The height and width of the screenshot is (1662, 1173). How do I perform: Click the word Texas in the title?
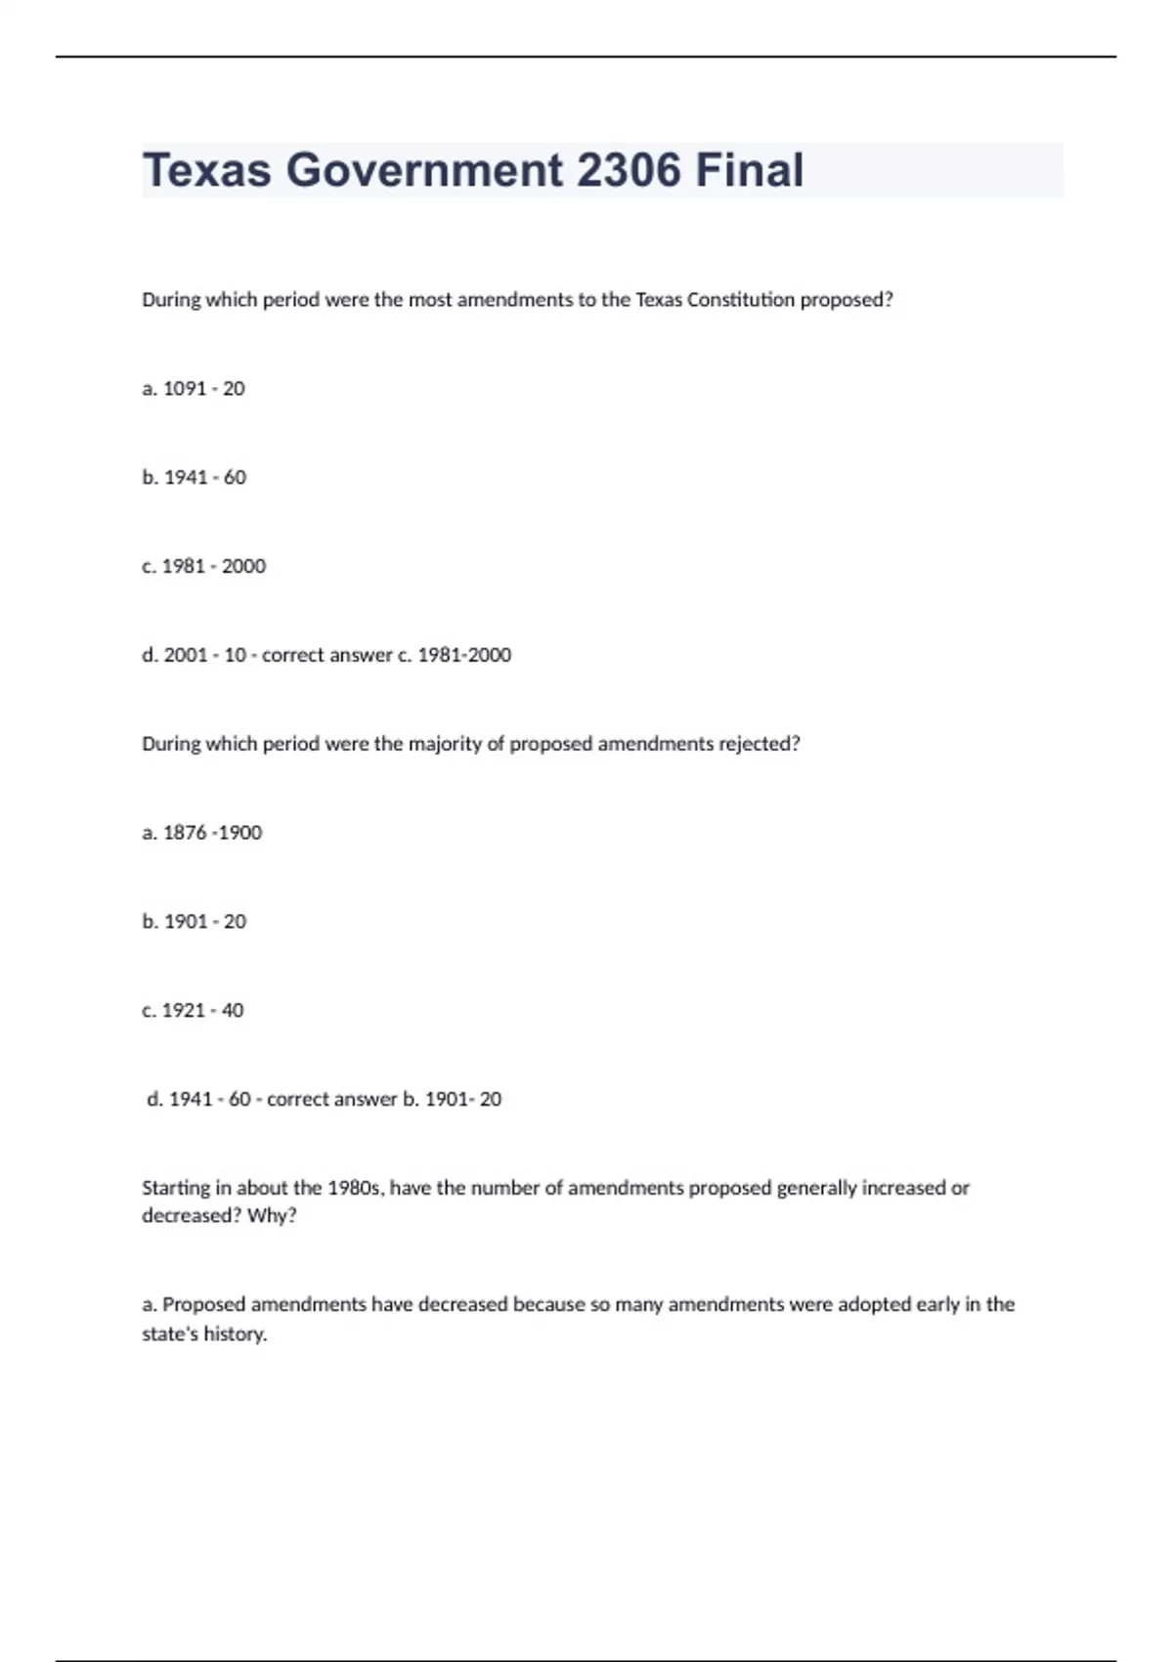pyautogui.click(x=206, y=170)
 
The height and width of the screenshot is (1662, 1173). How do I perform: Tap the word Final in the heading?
pyautogui.click(x=750, y=170)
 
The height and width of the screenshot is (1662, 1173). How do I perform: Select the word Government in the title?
pyautogui.click(x=424, y=170)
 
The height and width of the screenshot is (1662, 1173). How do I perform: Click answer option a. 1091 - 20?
pyautogui.click(x=194, y=389)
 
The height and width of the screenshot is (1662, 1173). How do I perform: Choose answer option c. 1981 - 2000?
pyautogui.click(x=203, y=566)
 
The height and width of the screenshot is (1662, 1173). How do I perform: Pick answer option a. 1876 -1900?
pyautogui.click(x=201, y=833)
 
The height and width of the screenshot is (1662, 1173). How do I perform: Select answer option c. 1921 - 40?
pyautogui.click(x=193, y=1010)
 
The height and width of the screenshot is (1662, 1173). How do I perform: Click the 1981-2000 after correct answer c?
pyautogui.click(x=464, y=655)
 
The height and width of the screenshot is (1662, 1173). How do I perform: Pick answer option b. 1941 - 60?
pyautogui.click(x=194, y=478)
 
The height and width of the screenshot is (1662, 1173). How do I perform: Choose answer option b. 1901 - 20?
pyautogui.click(x=194, y=922)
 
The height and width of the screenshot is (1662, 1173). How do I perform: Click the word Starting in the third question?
pyautogui.click(x=175, y=1188)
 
